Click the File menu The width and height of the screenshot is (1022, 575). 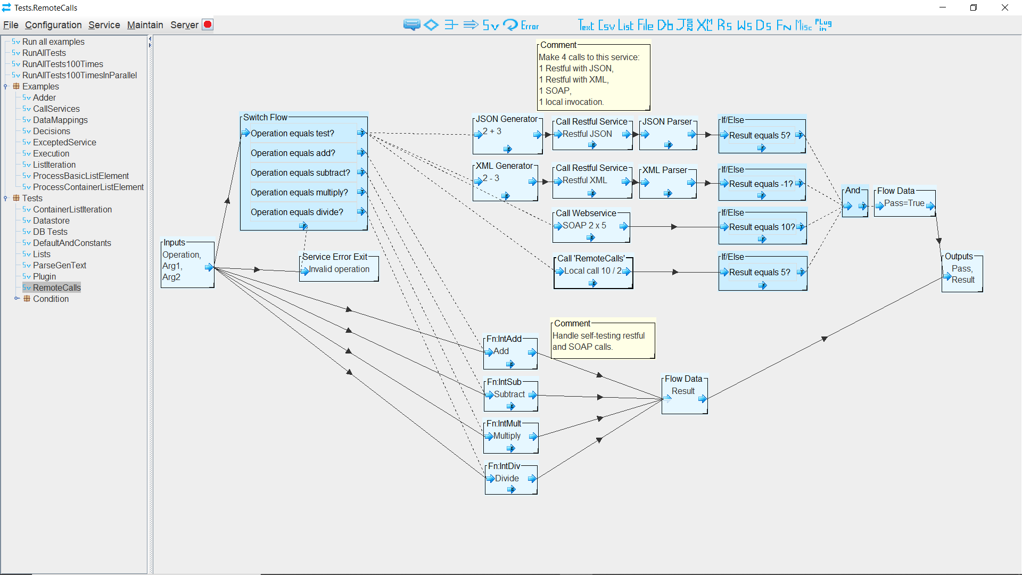coord(11,25)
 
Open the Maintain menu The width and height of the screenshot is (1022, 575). coord(145,25)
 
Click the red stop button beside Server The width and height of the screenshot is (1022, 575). coord(208,24)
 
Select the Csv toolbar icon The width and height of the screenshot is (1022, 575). coord(606,25)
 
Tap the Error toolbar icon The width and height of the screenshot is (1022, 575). coord(530,26)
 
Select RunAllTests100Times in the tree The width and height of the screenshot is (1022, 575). coord(62,64)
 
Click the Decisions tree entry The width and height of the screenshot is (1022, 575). coord(51,131)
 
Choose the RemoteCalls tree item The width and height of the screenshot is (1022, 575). coord(56,287)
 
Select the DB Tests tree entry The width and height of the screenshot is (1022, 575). coord(50,232)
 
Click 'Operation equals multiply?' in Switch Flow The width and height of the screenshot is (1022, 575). coord(299,192)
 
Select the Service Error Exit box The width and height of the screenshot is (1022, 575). coord(339,269)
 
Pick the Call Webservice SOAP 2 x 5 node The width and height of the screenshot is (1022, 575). coord(591,226)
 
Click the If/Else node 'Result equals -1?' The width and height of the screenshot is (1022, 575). coord(761,184)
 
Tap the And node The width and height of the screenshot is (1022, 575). coord(855,203)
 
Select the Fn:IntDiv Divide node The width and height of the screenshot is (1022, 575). coord(510,479)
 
